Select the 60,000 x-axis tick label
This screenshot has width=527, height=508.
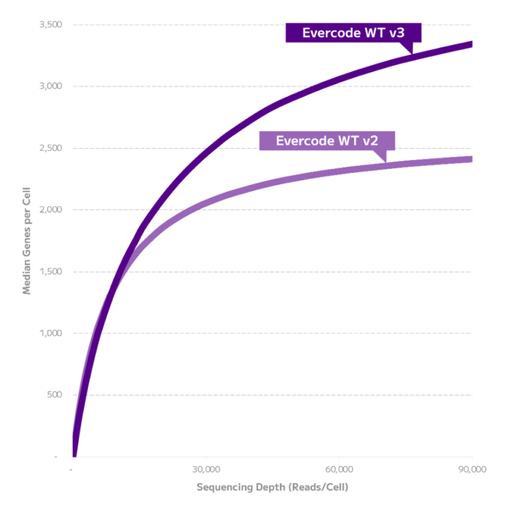(340, 470)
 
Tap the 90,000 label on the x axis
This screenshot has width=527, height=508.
(473, 470)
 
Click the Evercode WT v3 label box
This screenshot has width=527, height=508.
(353, 33)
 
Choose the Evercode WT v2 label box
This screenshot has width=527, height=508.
(327, 141)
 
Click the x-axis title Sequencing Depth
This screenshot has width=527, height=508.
(272, 487)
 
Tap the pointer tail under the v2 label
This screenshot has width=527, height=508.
(383, 157)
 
